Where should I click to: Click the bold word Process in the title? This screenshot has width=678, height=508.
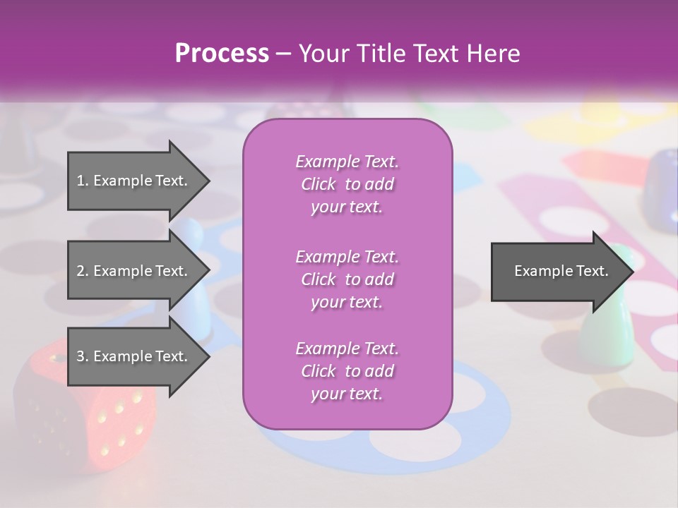[221, 54]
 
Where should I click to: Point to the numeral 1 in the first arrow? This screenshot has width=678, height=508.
[80, 181]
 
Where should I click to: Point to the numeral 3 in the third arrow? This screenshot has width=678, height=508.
[81, 356]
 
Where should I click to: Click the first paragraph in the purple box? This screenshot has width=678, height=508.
[347, 184]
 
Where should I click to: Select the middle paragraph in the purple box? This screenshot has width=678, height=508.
[347, 279]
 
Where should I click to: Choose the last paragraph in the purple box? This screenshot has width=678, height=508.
[347, 370]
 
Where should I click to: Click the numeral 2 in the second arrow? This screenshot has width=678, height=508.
[81, 271]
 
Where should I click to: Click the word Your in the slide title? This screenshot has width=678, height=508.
[322, 54]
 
